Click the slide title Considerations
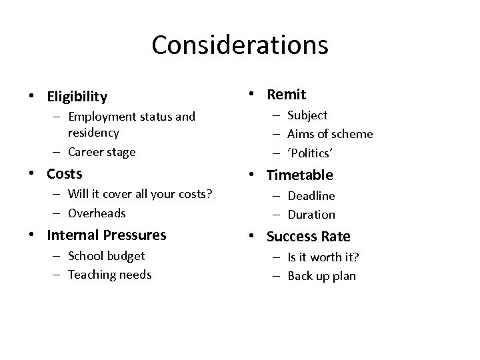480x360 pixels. pos(240,45)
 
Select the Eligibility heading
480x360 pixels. pos(77,97)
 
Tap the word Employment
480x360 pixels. pos(107,117)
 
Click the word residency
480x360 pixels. pos(94,133)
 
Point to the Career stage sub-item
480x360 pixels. pos(101,151)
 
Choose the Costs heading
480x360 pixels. pos(65,174)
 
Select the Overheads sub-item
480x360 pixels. pos(97,213)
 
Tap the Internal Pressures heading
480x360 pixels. pos(107,235)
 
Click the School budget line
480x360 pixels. pos(106,255)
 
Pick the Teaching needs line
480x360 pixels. pos(109,274)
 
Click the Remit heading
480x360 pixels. pos(287,95)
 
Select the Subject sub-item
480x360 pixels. pos(307,115)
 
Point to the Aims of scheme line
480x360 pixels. pos(330,134)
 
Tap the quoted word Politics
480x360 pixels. pos(310,153)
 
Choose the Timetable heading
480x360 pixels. pos(300,175)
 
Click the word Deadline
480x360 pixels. pos(311,196)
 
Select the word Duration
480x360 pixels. pos(311,215)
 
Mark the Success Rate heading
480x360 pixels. pos(309,236)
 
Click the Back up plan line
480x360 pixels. pos(321,276)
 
